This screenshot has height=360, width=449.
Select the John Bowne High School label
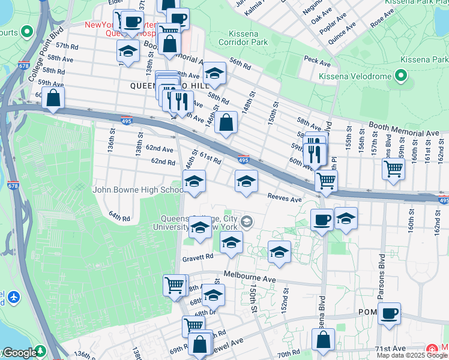138,190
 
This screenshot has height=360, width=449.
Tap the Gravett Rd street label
197,257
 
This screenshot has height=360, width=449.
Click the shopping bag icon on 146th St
226,123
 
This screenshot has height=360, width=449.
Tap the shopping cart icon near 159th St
393,169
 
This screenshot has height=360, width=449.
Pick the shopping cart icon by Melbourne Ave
175,286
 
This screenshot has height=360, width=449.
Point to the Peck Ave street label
318,61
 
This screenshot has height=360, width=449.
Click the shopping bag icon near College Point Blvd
53,99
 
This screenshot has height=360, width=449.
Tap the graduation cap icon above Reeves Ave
246,181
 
